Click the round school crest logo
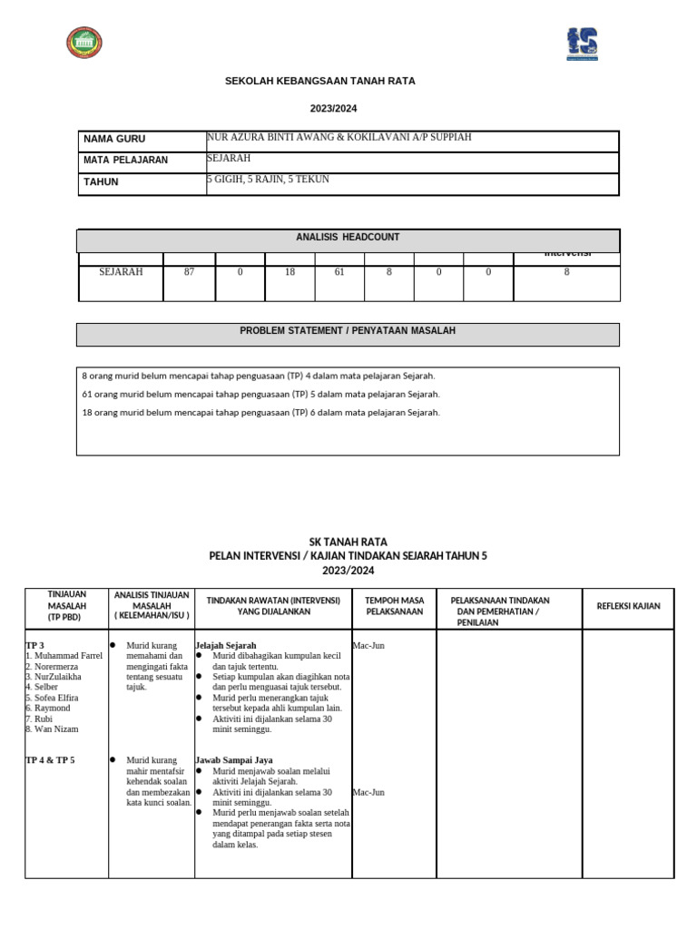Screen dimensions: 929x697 (84, 43)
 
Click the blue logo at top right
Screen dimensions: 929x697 (582, 44)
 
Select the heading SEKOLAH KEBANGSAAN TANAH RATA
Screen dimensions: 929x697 (319, 82)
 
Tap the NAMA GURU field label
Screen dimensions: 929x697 (114, 140)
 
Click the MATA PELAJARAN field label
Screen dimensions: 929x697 (125, 161)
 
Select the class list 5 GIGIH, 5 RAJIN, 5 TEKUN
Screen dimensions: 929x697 (268, 180)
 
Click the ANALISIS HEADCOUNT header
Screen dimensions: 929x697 (348, 238)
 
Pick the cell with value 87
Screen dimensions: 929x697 (189, 272)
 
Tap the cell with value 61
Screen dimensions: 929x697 (339, 272)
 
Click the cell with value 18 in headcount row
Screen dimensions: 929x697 (290, 272)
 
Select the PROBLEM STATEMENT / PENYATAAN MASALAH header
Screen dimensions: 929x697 (348, 331)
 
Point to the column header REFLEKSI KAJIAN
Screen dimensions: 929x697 (628, 606)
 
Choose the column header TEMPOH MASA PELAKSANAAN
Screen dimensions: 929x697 (394, 606)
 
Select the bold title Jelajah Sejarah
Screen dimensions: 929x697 (226, 645)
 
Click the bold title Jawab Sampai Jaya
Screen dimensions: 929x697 (234, 760)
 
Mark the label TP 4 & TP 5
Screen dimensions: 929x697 (50, 760)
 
